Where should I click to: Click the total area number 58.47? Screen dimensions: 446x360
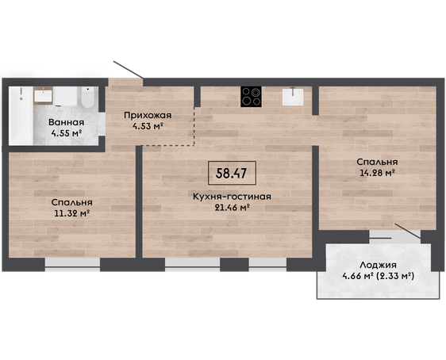[231, 173]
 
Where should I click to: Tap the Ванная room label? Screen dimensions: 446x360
[67, 122]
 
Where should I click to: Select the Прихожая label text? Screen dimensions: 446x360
[148, 115]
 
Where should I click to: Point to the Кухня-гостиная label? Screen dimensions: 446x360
[232, 197]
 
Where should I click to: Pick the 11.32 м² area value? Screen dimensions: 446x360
[72, 213]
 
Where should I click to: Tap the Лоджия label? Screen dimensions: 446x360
[378, 265]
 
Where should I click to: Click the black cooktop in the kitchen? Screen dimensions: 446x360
[251, 97]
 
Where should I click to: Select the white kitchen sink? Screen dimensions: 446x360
[293, 97]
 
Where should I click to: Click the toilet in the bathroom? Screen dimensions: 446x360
[87, 97]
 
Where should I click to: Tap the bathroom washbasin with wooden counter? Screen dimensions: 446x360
[43, 95]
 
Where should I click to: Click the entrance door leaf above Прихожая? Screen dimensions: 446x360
[129, 69]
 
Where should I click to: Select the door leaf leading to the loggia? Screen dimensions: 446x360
[408, 231]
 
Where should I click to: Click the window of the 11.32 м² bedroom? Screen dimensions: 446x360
[72, 265]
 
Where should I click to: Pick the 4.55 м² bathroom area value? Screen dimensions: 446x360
[67, 133]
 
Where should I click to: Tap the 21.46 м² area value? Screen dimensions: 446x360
[232, 208]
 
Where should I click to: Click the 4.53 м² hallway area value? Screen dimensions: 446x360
[148, 126]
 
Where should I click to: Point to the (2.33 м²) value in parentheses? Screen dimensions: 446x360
[395, 276]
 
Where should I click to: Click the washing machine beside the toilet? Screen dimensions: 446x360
[66, 97]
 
